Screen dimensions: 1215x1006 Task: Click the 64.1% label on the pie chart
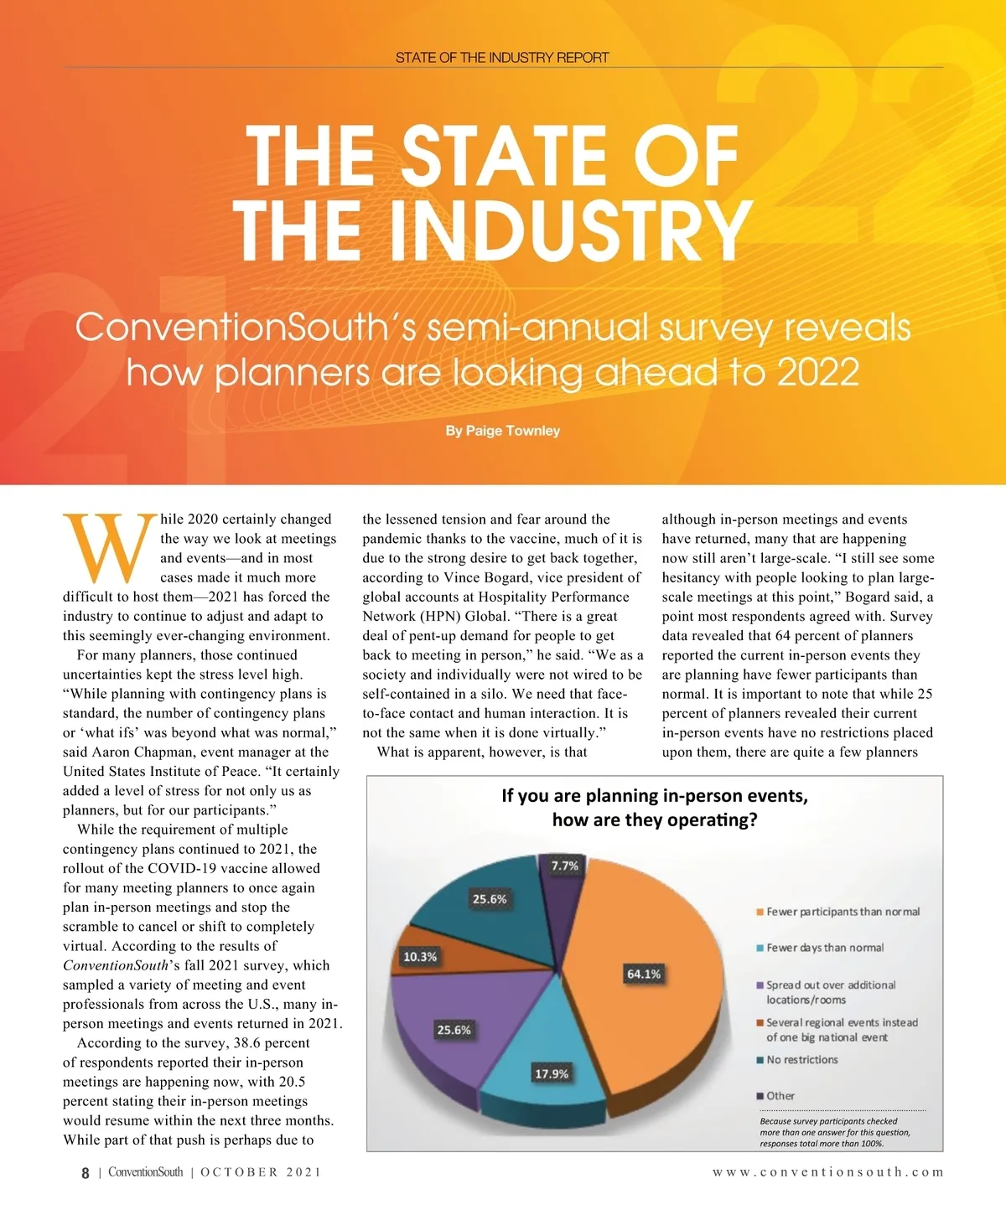pyautogui.click(x=644, y=974)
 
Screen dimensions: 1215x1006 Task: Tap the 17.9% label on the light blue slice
pyautogui.click(x=552, y=1073)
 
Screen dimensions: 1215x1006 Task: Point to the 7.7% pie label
pyautogui.click(x=565, y=866)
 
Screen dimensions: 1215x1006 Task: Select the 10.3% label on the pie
pyautogui.click(x=420, y=957)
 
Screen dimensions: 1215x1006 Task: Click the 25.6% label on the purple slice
pyautogui.click(x=454, y=1030)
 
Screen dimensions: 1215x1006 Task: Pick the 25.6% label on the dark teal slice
pyautogui.click(x=490, y=899)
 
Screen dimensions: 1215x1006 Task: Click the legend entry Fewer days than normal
pyautogui.click(x=824, y=948)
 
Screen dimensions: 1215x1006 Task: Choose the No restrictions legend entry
pyautogui.click(x=801, y=1060)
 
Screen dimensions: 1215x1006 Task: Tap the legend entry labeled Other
pyautogui.click(x=780, y=1096)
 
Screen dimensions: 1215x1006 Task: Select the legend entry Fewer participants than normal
pyautogui.click(x=842, y=912)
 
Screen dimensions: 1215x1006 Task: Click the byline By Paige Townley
pyautogui.click(x=502, y=431)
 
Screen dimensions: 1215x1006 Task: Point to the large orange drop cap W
pyautogui.click(x=109, y=548)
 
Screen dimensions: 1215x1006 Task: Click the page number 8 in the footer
pyautogui.click(x=85, y=1173)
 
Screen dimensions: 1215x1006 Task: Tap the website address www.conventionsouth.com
pyautogui.click(x=828, y=1172)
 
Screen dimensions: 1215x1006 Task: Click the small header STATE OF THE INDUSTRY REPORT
pyautogui.click(x=502, y=58)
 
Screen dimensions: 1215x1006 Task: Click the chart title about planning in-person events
pyautogui.click(x=655, y=807)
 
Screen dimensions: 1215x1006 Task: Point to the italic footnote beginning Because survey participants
pyautogui.click(x=834, y=1132)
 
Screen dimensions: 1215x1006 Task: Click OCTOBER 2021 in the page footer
pyautogui.click(x=261, y=1172)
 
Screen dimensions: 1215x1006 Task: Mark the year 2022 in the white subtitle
pyautogui.click(x=817, y=372)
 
